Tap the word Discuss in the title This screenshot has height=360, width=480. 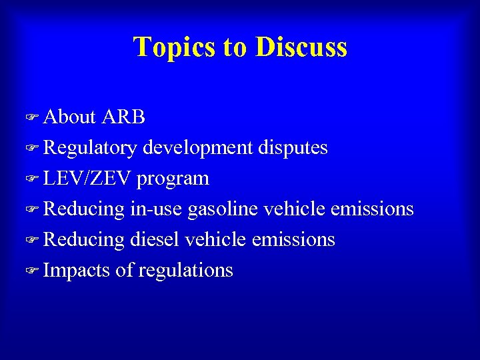pos(301,47)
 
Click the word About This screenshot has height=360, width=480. pos(70,117)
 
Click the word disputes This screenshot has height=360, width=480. pos(293,147)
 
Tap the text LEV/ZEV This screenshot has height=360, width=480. pos(88,179)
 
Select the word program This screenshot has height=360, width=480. pos(173,179)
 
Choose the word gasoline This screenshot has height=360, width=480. pos(223,209)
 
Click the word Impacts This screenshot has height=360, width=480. pos(76,271)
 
